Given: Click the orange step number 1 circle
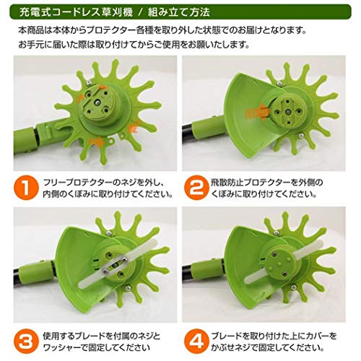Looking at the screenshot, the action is (26, 188).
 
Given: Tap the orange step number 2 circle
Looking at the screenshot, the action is (196, 188).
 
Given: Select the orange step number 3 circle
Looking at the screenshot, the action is (26, 342).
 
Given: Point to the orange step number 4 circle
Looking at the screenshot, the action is (196, 342).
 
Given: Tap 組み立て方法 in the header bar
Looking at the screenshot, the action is (178, 12).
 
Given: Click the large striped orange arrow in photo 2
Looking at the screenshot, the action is (258, 113).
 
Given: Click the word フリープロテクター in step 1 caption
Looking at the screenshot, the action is (77, 183).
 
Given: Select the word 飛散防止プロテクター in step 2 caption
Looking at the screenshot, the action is (251, 183).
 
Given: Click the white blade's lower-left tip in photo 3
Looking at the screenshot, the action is (81, 285).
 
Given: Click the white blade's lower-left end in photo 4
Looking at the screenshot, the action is (248, 279).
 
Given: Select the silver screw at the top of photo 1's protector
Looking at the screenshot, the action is (89, 83).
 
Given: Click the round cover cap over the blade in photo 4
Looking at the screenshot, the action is (279, 263).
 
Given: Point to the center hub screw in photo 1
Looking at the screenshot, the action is (97, 102).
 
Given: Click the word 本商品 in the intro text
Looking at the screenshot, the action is (31, 30).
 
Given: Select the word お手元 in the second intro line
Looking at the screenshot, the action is (32, 45).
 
